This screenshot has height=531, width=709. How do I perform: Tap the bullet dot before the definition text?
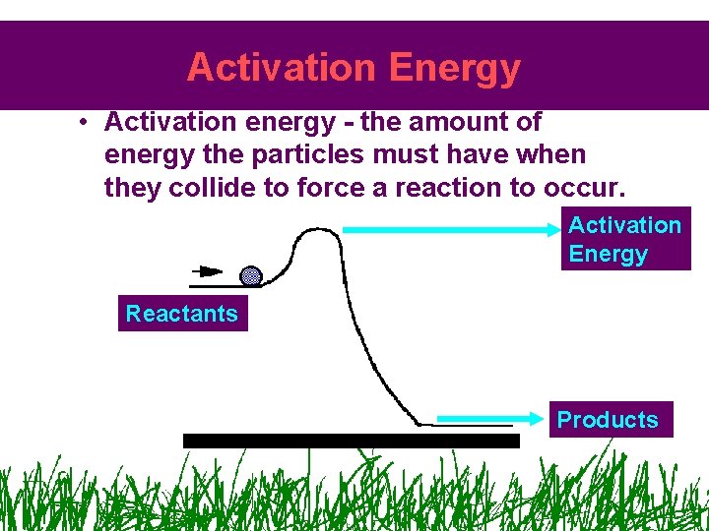pos(87,123)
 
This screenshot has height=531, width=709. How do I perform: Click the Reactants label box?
pos(182,314)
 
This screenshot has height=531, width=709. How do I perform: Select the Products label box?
pos(608,419)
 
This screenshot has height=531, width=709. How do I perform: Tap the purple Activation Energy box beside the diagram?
pos(624,239)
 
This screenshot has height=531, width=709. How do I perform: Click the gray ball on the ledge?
pos(251,276)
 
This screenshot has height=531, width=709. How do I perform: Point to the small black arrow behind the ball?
pos(208,270)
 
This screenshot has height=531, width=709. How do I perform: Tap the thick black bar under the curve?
pos(351,441)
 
